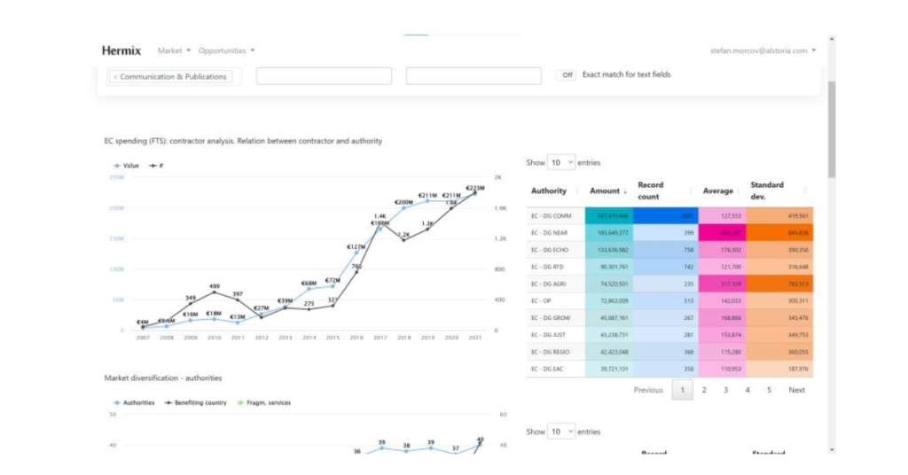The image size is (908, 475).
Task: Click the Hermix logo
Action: pos(121,51)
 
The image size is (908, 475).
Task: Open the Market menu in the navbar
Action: pos(173,51)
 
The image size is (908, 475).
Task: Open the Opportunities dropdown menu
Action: pos(226,51)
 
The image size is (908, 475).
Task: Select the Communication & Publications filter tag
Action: pos(174,77)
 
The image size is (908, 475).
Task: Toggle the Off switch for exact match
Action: pos(567,75)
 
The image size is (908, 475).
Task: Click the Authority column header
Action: pos(549,191)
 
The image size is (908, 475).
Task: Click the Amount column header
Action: pos(605,191)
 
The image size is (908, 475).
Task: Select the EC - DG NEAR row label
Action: pos(551,233)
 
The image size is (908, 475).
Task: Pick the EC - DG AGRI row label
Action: pos(550,284)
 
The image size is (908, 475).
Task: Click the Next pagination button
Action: pos(796,390)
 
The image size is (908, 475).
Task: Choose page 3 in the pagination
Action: pos(725,390)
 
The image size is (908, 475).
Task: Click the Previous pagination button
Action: pos(648,390)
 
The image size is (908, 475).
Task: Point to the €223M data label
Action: pos(475,188)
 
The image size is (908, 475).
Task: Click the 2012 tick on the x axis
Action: pos(262,338)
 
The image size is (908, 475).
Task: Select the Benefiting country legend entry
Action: pos(200,402)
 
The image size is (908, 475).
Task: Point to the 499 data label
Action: pos(215,286)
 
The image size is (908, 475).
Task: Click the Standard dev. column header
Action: pos(767,191)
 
